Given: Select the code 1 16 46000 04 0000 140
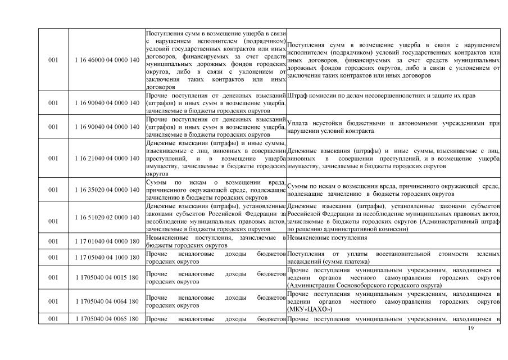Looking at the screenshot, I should [106, 59].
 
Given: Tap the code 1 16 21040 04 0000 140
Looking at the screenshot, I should [106, 159].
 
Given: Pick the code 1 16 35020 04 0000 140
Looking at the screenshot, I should [106, 190].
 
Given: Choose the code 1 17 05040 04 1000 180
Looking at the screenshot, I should [106, 258].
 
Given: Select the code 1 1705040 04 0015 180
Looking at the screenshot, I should [106, 277].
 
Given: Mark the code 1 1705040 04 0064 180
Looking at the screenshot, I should [106, 301].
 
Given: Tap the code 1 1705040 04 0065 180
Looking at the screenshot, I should [106, 319].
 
